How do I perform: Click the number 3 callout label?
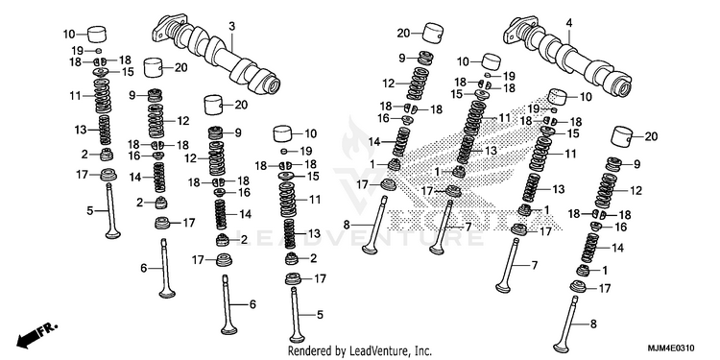click(232, 27)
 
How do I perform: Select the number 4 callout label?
click(569, 22)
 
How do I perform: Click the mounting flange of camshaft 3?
click(168, 28)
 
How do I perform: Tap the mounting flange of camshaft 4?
click(519, 28)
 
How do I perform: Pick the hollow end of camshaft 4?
click(624, 87)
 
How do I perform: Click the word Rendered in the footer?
click(306, 351)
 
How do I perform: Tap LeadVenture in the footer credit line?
click(374, 351)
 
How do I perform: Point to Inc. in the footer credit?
click(421, 351)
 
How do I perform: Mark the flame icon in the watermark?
click(353, 137)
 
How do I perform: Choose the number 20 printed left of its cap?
click(403, 33)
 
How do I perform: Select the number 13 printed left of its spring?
click(81, 130)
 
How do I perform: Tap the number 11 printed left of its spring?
click(75, 96)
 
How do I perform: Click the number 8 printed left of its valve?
click(347, 225)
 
